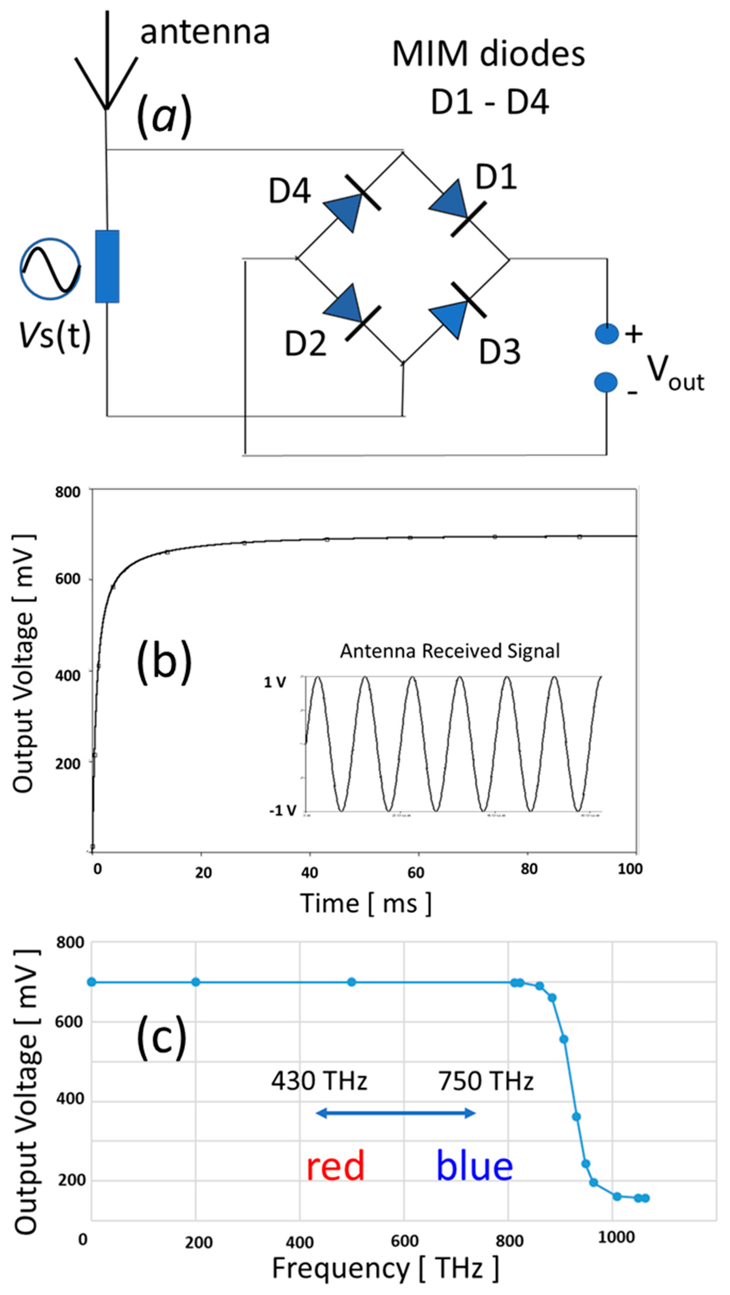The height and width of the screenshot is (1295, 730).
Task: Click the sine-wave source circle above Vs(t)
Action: [x=50, y=269]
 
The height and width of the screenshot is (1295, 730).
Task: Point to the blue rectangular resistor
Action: [x=107, y=267]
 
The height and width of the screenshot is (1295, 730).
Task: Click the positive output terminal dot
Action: [x=606, y=334]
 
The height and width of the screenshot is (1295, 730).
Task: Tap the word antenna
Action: [x=205, y=33]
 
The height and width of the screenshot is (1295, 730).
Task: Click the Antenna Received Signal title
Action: [x=450, y=651]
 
